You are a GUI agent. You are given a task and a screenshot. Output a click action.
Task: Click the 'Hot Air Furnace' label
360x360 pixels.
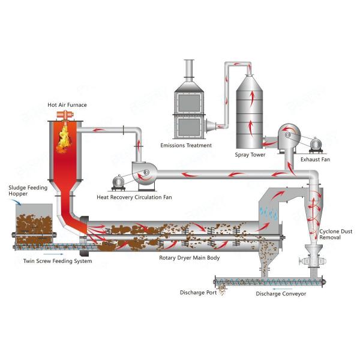click(x=67, y=105)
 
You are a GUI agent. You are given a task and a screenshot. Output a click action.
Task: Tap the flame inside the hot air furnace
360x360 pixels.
click(x=64, y=138)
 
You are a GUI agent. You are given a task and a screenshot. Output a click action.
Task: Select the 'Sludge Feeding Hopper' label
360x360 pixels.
click(x=26, y=191)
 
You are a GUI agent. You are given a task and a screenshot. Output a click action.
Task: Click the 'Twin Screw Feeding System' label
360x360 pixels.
click(x=58, y=262)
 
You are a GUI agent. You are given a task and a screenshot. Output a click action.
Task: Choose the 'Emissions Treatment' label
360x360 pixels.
click(x=186, y=145)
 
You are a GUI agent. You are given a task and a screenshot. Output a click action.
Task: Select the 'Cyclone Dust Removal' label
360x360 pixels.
click(x=335, y=234)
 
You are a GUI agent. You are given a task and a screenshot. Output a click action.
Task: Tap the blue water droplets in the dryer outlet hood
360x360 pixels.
click(x=268, y=212)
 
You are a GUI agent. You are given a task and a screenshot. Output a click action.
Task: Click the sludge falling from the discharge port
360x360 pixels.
click(x=222, y=290)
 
